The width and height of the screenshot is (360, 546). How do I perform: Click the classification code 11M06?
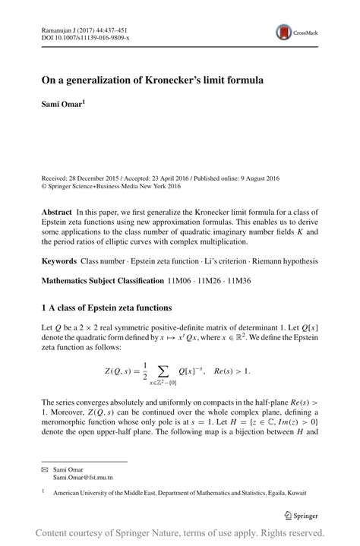[x=181, y=280]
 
